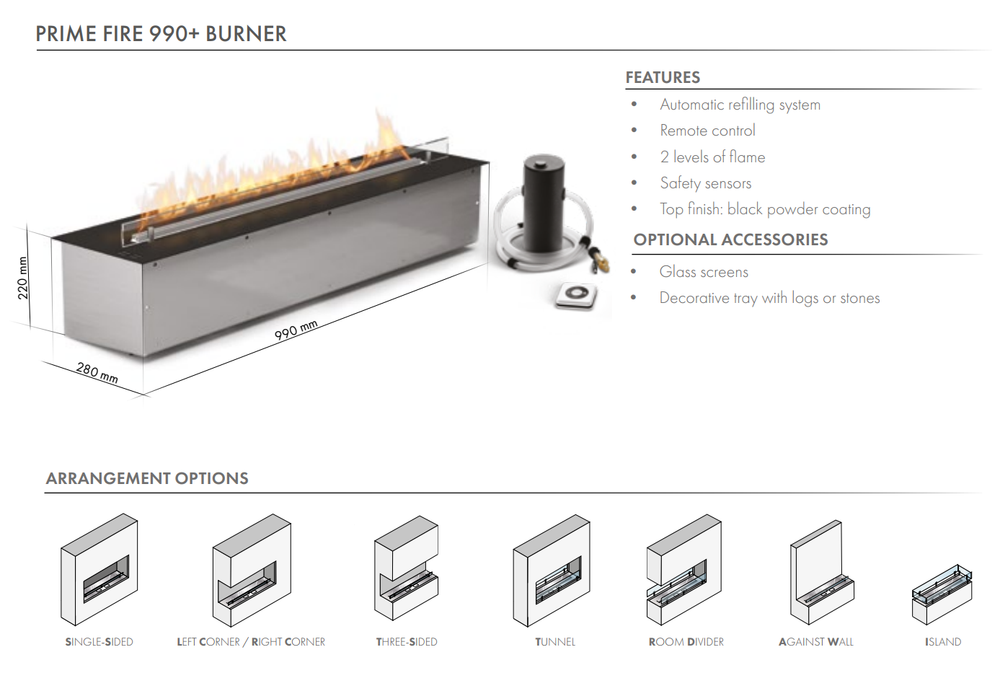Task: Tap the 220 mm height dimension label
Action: pyautogui.click(x=23, y=278)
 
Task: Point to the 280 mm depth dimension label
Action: pyautogui.click(x=97, y=372)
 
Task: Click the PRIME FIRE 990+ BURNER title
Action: pyautogui.click(x=161, y=34)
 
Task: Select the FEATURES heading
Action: pyautogui.click(x=663, y=77)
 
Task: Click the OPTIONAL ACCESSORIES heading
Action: pyautogui.click(x=730, y=239)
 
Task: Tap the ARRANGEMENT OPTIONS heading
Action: pyautogui.click(x=147, y=478)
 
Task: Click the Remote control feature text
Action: pyautogui.click(x=707, y=131)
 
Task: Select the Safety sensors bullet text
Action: pyautogui.click(x=705, y=183)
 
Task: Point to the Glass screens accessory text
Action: pyautogui.click(x=704, y=272)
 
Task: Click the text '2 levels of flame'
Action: pyautogui.click(x=712, y=157)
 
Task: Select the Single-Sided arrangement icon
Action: pyautogui.click(x=99, y=570)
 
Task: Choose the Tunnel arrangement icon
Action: pyautogui.click(x=552, y=571)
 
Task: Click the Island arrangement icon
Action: pyautogui.click(x=942, y=594)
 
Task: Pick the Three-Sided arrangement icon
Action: pyautogui.click(x=406, y=569)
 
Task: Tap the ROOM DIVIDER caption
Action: pyautogui.click(x=686, y=642)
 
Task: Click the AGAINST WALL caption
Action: pyautogui.click(x=815, y=642)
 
